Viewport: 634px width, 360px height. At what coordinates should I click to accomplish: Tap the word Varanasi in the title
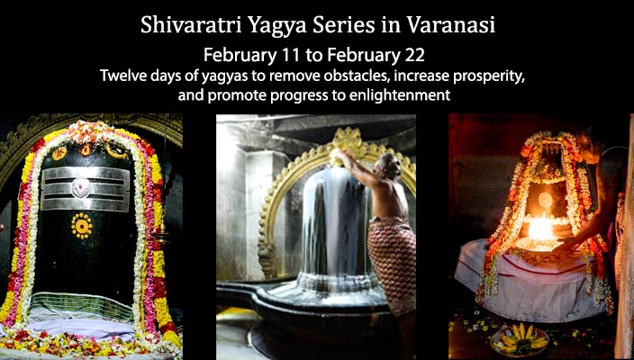tap(450, 26)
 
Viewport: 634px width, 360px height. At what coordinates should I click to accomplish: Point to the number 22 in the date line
tap(415, 56)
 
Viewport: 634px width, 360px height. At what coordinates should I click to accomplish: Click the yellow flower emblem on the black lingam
tap(82, 226)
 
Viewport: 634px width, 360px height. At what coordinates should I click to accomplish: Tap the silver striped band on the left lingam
tap(86, 189)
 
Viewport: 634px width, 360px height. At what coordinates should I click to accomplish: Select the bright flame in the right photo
tap(540, 229)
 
